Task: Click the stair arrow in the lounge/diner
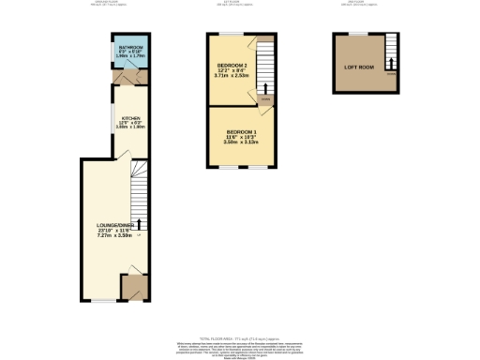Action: click(140, 223)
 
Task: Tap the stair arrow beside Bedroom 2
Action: click(264, 85)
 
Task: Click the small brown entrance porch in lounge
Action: click(134, 286)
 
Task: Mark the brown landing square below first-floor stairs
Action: click(265, 98)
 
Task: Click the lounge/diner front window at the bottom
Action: click(103, 301)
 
